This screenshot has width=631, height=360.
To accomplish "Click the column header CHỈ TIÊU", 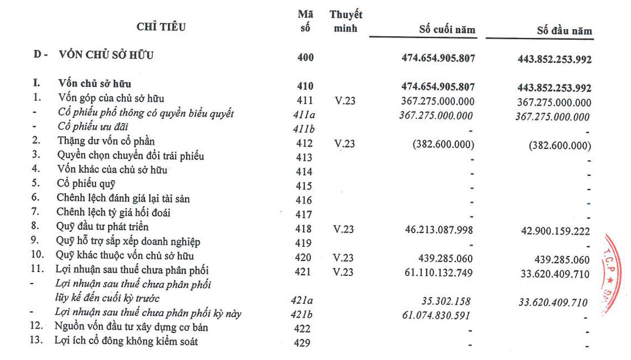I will pyautogui.click(x=161, y=26).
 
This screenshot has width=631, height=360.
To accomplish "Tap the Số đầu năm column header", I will pyautogui.click(x=564, y=30).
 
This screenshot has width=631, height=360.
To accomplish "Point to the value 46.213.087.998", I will pyautogui.click(x=439, y=228).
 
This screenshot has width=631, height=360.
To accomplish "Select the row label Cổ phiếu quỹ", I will pyautogui.click(x=86, y=184).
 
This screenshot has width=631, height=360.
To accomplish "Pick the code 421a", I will pyautogui.click(x=301, y=299).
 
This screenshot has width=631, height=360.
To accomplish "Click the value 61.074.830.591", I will pyautogui.click(x=438, y=313).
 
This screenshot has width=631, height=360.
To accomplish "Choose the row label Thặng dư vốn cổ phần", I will pyautogui.click(x=106, y=141).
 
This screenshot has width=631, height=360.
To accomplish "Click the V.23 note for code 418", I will pyautogui.click(x=344, y=229).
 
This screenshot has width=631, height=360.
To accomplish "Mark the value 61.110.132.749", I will pyautogui.click(x=439, y=272).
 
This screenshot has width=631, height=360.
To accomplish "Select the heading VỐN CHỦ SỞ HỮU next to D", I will pyautogui.click(x=106, y=56).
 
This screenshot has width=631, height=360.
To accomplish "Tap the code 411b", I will pyautogui.click(x=301, y=128).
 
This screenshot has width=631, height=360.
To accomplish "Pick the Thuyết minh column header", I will pyautogui.click(x=346, y=21).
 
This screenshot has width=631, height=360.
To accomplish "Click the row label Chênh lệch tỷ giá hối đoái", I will pyautogui.click(x=114, y=212).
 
